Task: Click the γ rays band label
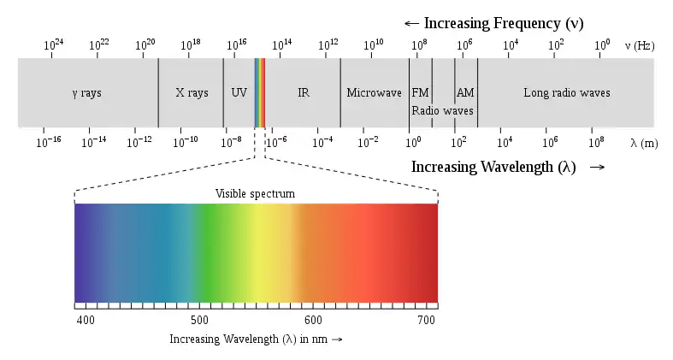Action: tap(86, 92)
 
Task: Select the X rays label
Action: tap(192, 92)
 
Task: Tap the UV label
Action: tap(239, 92)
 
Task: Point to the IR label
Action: tap(303, 92)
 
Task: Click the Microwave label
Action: tap(374, 92)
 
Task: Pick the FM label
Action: tap(420, 92)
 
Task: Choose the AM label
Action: tap(465, 92)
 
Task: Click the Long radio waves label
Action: tap(566, 92)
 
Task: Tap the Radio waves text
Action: tap(442, 110)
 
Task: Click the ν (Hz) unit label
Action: tap(641, 45)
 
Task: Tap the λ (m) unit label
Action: tap(644, 143)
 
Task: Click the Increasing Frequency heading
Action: tap(493, 23)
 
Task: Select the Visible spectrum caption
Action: tap(255, 194)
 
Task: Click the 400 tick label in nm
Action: tap(86, 320)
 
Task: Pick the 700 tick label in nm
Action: tap(426, 320)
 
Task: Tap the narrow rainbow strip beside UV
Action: tap(260, 92)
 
